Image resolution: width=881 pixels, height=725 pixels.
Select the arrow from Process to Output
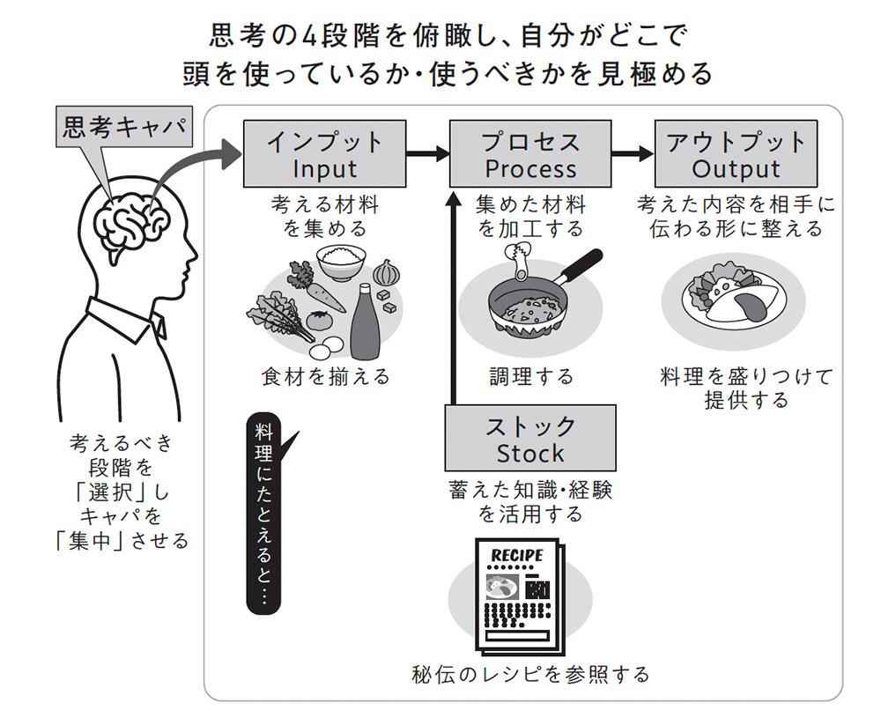coord(633,154)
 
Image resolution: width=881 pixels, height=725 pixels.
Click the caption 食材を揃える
coord(325,377)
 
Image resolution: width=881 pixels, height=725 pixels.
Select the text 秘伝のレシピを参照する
coord(530,675)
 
